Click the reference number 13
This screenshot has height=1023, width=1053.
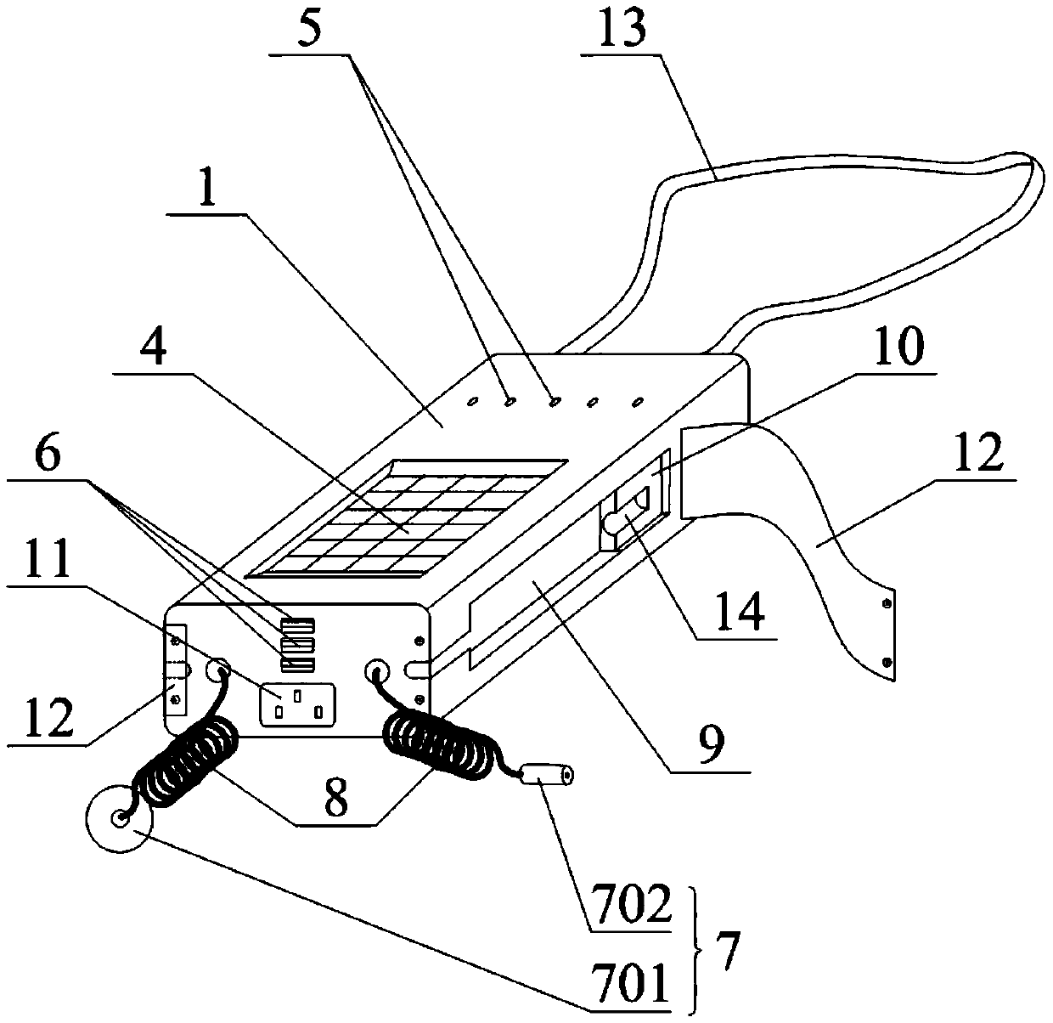coord(623,31)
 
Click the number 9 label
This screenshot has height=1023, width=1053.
coord(711,746)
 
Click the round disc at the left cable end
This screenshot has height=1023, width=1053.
coord(119,817)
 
